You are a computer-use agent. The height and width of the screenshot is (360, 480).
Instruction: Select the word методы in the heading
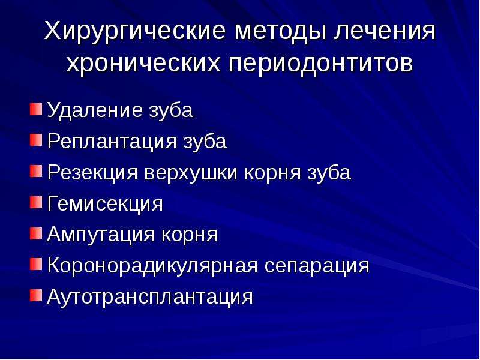(x=280, y=31)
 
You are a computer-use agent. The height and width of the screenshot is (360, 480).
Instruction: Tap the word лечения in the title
(x=385, y=31)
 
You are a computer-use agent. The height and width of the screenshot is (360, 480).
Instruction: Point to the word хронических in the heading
(x=143, y=64)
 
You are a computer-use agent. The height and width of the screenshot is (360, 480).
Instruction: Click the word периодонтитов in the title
(x=320, y=64)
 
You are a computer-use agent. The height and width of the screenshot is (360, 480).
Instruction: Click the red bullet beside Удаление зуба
(x=36, y=109)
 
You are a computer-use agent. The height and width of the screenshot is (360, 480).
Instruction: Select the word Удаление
(x=94, y=110)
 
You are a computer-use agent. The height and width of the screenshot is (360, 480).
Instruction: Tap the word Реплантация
(x=112, y=142)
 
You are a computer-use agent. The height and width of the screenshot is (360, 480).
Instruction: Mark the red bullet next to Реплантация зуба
(x=36, y=140)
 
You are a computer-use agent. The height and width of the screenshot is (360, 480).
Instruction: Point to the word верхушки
(x=191, y=172)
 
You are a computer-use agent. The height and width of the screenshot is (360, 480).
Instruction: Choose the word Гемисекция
(x=105, y=203)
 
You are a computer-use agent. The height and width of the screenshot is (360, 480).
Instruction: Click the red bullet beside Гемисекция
(x=36, y=202)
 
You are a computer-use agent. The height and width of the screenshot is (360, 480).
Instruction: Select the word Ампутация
(x=101, y=235)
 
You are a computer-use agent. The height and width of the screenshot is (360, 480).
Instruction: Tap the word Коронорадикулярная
(x=152, y=266)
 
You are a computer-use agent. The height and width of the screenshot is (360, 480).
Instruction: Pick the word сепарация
(x=317, y=266)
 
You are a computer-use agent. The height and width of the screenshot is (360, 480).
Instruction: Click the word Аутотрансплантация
(x=150, y=297)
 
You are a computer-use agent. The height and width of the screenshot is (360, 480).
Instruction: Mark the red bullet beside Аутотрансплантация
(x=36, y=295)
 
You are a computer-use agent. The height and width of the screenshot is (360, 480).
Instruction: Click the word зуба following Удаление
(x=171, y=110)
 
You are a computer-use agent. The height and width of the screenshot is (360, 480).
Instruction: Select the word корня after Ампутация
(x=190, y=235)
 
